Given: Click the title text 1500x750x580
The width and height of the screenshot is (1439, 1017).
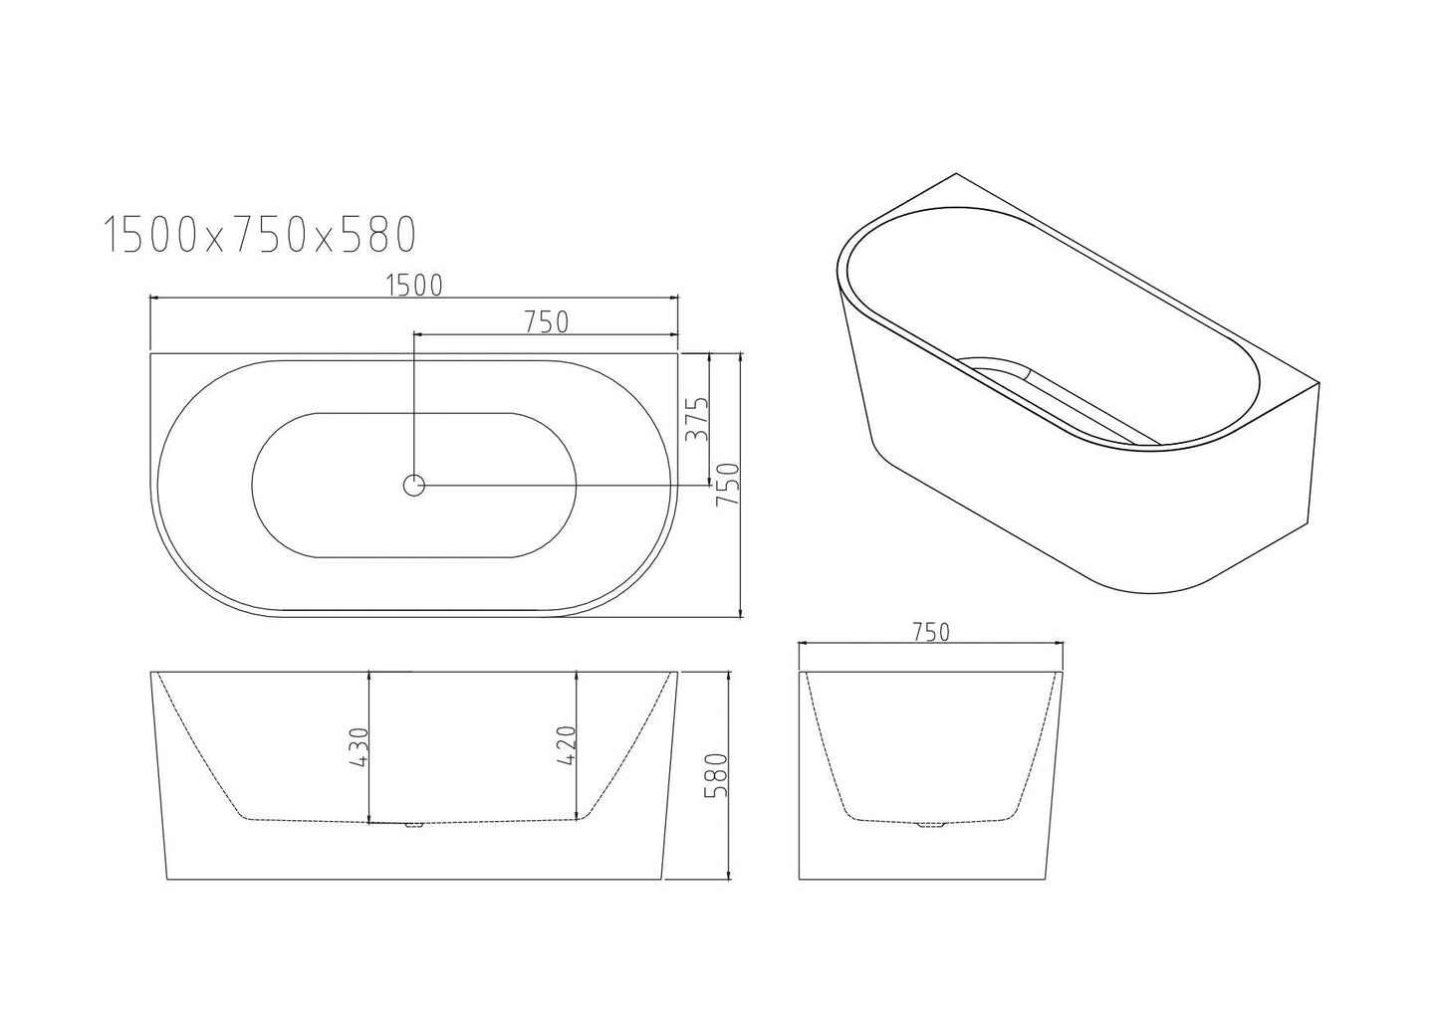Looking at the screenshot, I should [259, 236].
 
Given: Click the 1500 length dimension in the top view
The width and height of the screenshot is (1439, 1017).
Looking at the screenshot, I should [413, 286].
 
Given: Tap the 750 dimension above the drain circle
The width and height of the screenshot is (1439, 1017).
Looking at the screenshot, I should [546, 322].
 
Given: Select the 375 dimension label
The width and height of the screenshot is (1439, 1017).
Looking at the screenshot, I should [695, 419].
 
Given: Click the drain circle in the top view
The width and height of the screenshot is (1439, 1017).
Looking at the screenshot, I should [414, 486].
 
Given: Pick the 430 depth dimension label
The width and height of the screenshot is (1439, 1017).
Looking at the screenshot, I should [359, 746].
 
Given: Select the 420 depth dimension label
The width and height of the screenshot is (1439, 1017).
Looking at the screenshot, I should [566, 744].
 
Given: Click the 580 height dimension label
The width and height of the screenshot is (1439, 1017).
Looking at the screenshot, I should [715, 776].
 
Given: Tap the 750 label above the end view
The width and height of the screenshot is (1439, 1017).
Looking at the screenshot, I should [930, 632].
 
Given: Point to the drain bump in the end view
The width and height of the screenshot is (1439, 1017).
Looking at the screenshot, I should [932, 825].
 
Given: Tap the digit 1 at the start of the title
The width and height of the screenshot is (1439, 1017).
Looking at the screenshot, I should [114, 236].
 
